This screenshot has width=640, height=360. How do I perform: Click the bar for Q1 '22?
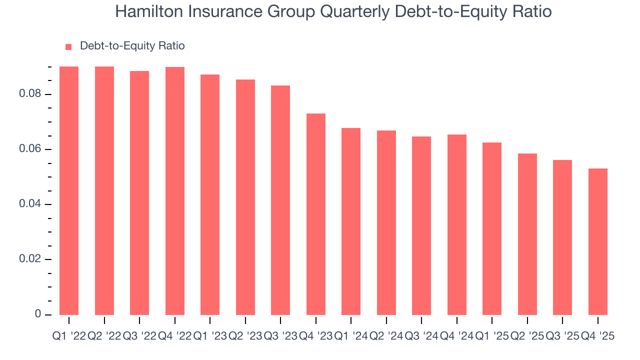pyautogui.click(x=69, y=190)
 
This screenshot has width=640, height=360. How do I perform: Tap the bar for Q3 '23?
pyautogui.click(x=280, y=200)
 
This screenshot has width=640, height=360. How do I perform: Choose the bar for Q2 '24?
pyautogui.click(x=386, y=222)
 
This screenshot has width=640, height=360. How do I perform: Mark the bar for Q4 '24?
pyautogui.click(x=457, y=224)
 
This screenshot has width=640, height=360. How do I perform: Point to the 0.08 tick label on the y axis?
pyautogui.click(x=29, y=94)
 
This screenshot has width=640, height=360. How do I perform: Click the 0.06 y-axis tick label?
pyautogui.click(x=29, y=149)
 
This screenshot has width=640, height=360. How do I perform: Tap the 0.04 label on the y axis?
pyautogui.click(x=29, y=204)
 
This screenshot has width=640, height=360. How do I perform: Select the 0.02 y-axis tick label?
pyautogui.click(x=29, y=259)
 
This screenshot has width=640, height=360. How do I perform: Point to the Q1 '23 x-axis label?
pyautogui.click(x=210, y=336)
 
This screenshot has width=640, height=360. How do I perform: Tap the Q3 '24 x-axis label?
pyautogui.click(x=421, y=336)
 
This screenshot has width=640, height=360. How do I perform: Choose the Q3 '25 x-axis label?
pyautogui.click(x=562, y=336)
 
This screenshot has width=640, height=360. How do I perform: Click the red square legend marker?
pyautogui.click(x=68, y=46)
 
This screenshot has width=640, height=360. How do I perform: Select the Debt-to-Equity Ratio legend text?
pyautogui.click(x=132, y=46)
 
